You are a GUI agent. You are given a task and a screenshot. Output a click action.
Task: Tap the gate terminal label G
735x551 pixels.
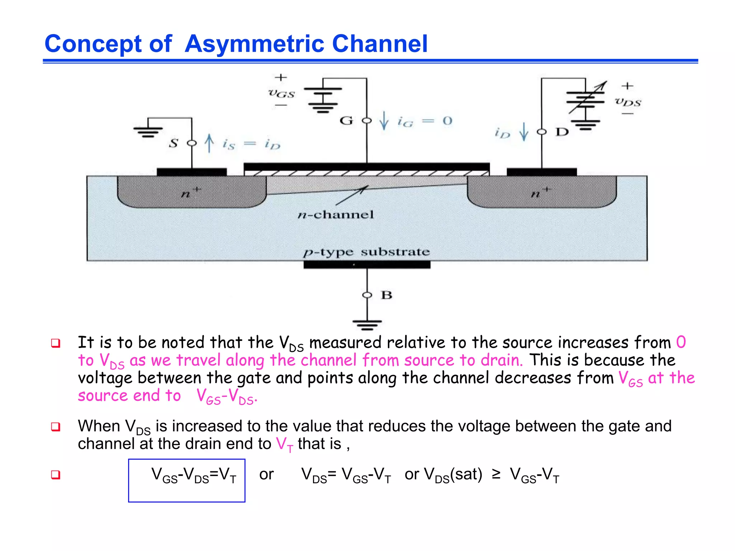346,121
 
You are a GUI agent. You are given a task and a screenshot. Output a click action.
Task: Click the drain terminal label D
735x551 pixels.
562,132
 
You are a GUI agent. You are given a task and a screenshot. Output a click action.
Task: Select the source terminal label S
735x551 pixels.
174,143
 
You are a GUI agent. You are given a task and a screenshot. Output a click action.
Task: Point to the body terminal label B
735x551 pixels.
387,295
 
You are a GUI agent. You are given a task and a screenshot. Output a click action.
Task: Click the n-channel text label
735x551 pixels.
336,215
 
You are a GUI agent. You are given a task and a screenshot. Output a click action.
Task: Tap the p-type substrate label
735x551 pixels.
366,252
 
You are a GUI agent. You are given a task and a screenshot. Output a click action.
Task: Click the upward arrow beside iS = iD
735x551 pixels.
209,143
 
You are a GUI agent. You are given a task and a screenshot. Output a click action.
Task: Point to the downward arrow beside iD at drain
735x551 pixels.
524,132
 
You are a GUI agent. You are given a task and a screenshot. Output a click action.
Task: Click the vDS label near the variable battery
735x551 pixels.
628,102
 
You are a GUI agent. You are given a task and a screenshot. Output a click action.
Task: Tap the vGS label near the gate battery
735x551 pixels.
281,94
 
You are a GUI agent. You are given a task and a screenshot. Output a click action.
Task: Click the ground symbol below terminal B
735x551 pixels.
367,325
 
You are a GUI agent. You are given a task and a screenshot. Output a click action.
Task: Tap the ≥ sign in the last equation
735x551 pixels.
496,474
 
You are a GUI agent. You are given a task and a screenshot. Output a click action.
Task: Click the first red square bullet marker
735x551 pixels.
56,343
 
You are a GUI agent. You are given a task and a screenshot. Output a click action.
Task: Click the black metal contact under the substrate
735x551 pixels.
366,265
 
